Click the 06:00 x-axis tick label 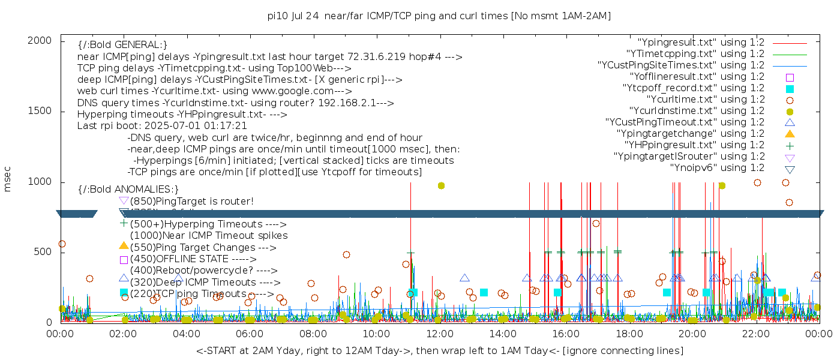click(x=250, y=333)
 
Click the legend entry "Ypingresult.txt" click(x=701, y=43)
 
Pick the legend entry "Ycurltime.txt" click(x=705, y=100)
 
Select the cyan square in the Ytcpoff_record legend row click(x=790, y=89)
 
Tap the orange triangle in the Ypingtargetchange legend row click(x=790, y=134)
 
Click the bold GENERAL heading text click(x=122, y=45)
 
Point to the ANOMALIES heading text click(x=128, y=189)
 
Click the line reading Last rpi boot click(x=162, y=126)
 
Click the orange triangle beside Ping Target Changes click(x=124, y=245)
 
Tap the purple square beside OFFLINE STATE click(x=124, y=260)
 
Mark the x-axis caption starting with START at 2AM click(x=439, y=350)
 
